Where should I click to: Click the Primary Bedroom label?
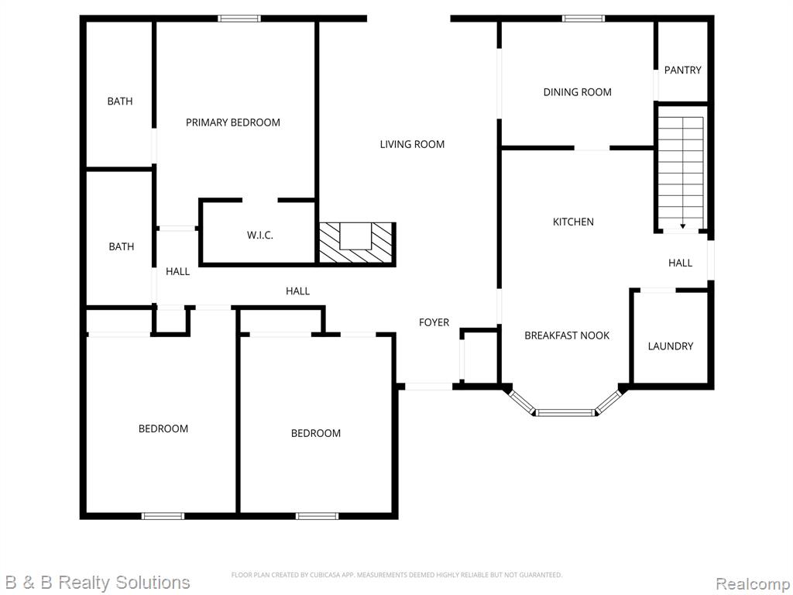[232, 122]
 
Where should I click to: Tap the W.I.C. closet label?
[260, 236]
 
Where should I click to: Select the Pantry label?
[683, 71]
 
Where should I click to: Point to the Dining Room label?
[577, 92]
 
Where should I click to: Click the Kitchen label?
[573, 222]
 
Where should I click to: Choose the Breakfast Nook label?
[567, 335]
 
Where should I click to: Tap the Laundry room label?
[670, 346]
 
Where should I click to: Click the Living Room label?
[412, 144]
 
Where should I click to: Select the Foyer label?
[434, 322]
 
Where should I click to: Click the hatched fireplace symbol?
[356, 243]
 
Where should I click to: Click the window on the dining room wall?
[584, 19]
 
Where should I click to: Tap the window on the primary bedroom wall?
[239, 19]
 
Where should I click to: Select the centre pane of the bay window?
[565, 413]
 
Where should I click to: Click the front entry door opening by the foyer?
[429, 387]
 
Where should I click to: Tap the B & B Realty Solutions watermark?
[96, 583]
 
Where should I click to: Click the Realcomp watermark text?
[753, 583]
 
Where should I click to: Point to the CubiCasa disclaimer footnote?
[396, 575]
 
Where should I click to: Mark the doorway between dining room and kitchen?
[592, 148]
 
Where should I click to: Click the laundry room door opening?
[657, 291]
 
